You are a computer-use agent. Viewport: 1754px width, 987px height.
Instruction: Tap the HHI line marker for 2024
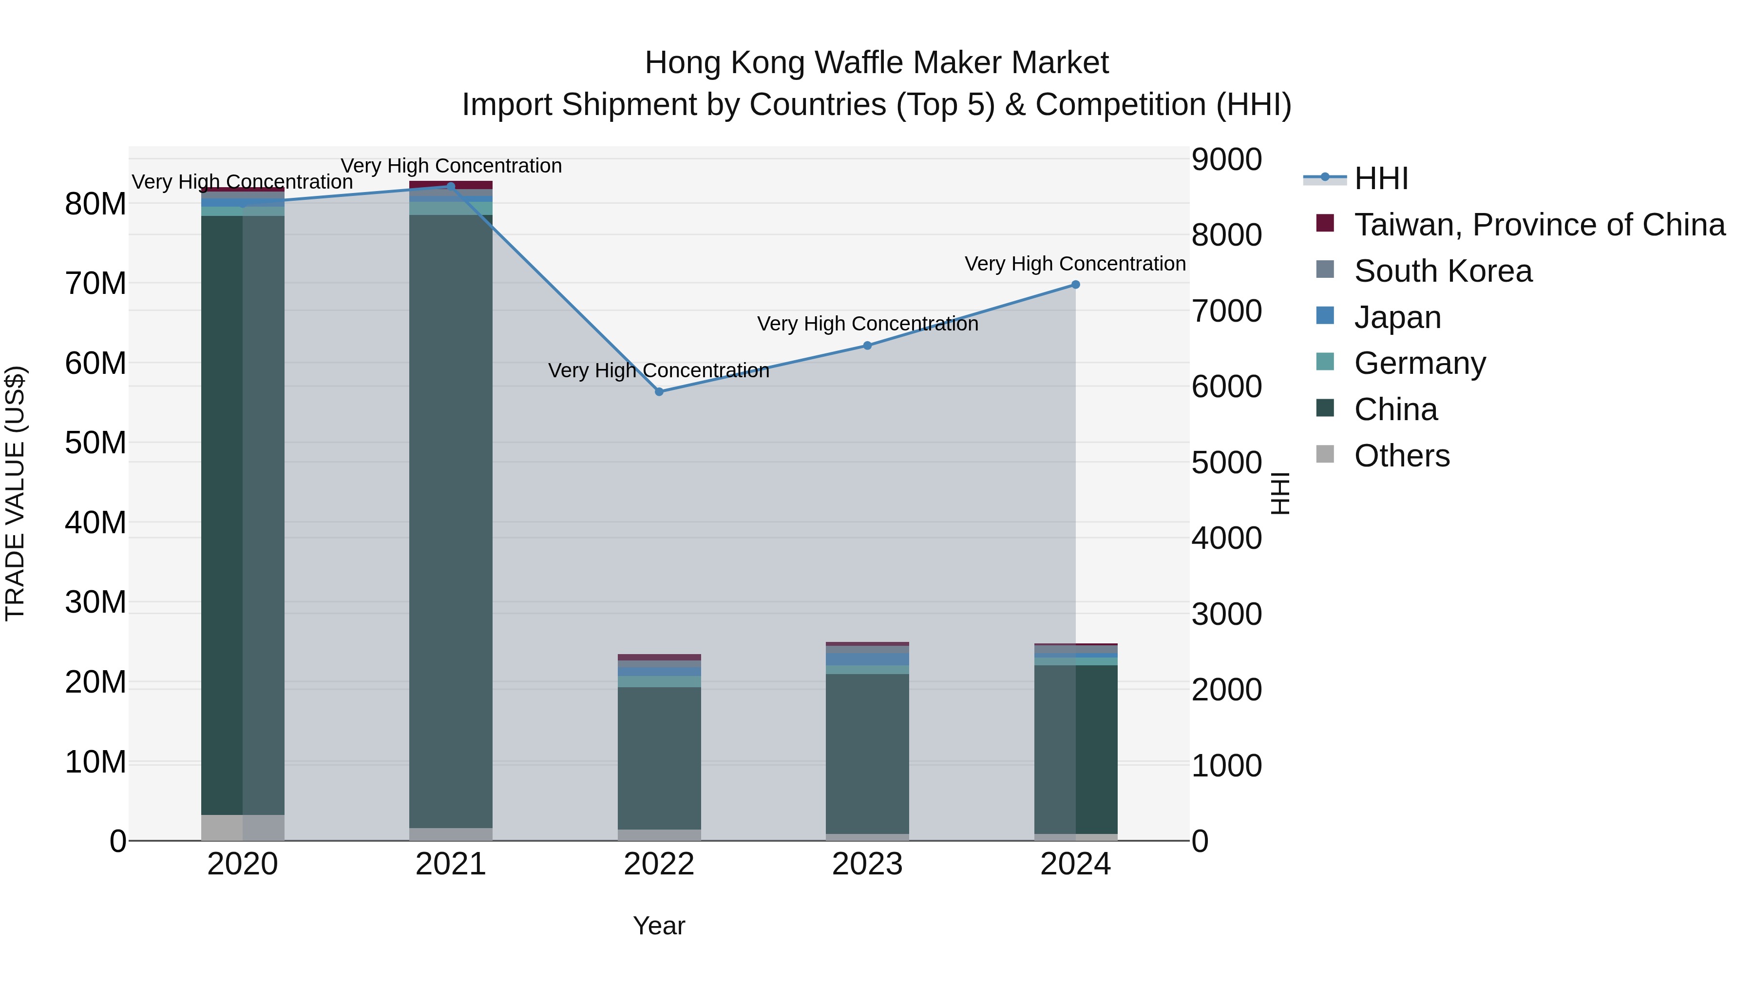(1075, 285)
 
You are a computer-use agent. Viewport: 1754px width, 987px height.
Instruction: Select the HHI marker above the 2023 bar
(867, 346)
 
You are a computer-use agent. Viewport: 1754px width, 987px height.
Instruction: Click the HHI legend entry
(1381, 178)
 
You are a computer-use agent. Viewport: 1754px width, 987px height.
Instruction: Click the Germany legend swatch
(1325, 362)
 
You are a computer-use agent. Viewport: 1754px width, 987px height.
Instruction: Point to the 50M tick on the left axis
(95, 443)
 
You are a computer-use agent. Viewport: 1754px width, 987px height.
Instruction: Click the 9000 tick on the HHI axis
(1226, 159)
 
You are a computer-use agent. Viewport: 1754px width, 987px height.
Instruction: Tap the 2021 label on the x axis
(451, 864)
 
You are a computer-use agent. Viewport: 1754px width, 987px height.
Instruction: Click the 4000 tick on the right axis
(1226, 538)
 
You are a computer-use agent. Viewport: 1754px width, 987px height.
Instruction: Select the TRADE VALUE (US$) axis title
(15, 493)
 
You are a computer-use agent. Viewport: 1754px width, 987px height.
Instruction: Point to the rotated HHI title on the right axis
(1280, 493)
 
